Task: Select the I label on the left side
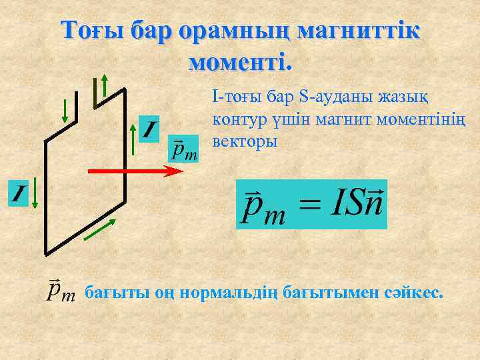pos(18,194)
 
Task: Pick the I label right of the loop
pos(150,129)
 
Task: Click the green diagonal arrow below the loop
pos(103,227)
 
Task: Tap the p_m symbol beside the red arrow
pos(184,149)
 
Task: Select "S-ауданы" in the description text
pos(331,98)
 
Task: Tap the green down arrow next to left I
pos(35,193)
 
